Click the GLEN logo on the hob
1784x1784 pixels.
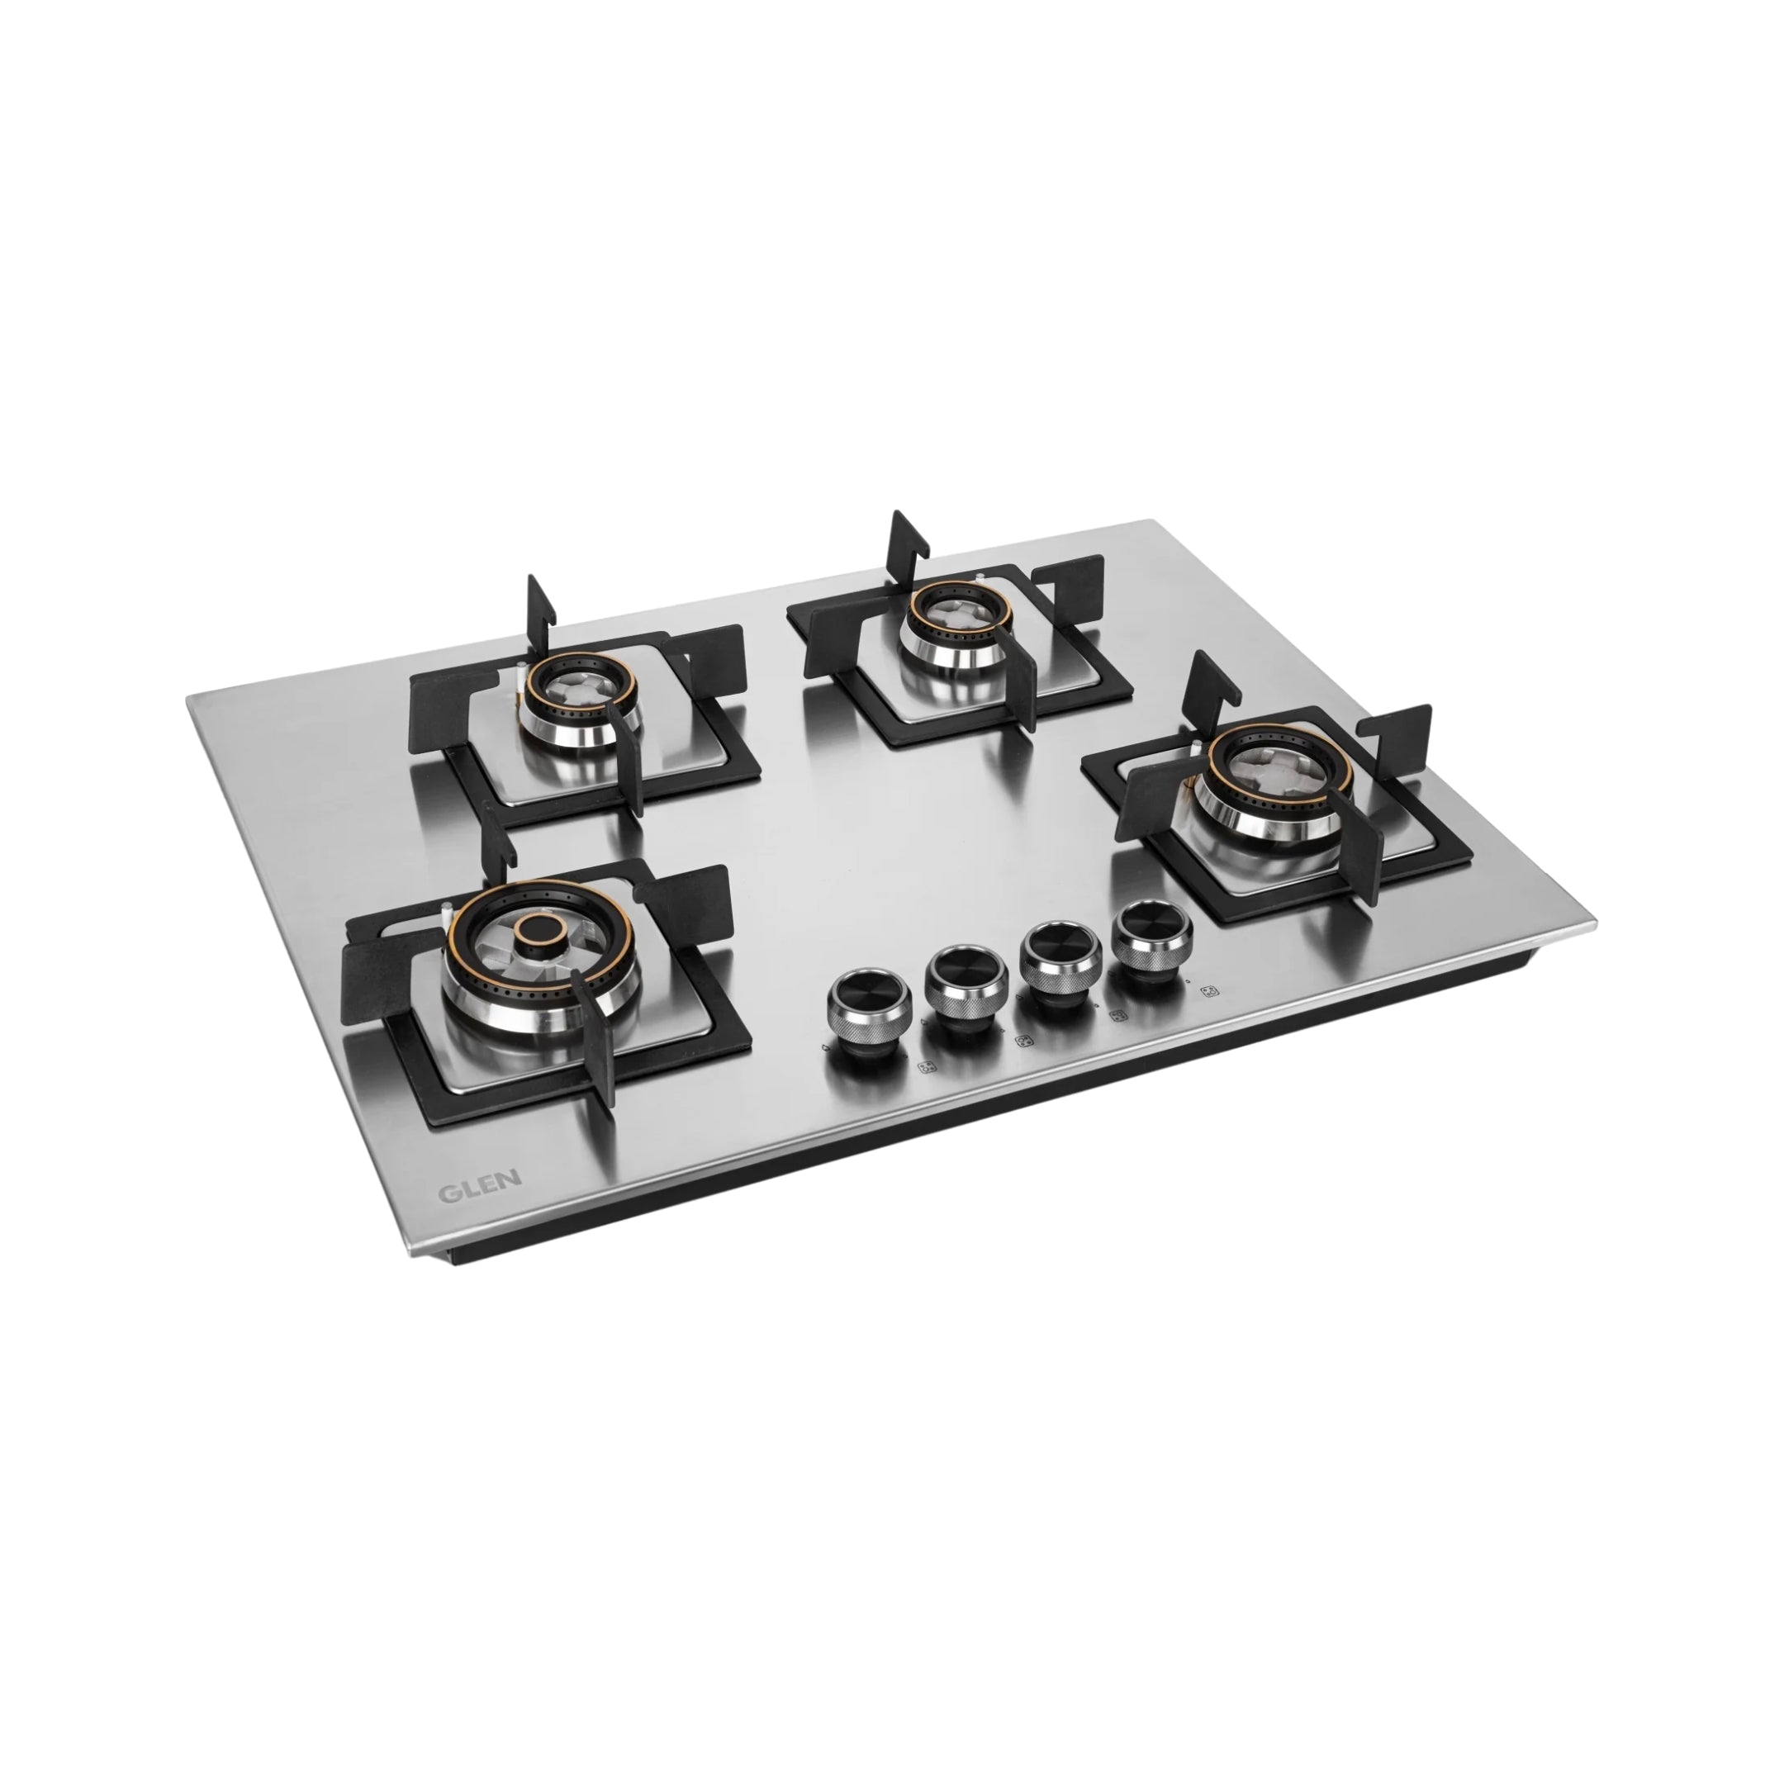[479, 1189]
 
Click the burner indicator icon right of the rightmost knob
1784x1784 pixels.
[1208, 992]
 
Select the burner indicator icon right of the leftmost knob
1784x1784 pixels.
[925, 1069]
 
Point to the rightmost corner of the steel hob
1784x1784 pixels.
[1594, 923]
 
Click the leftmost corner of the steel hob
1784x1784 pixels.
[187, 698]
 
